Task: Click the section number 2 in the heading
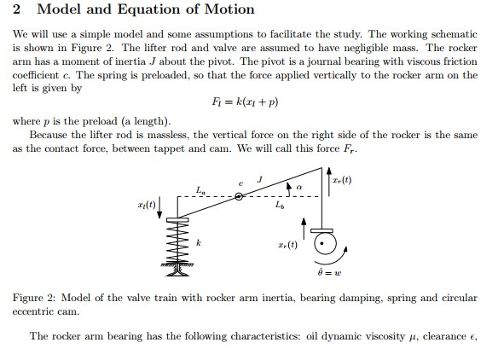pyautogui.click(x=18, y=10)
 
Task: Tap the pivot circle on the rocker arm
pyautogui.click(x=240, y=197)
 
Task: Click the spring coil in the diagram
pyautogui.click(x=177, y=243)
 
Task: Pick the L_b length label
pyautogui.click(x=280, y=206)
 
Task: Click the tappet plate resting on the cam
pyautogui.click(x=322, y=228)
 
